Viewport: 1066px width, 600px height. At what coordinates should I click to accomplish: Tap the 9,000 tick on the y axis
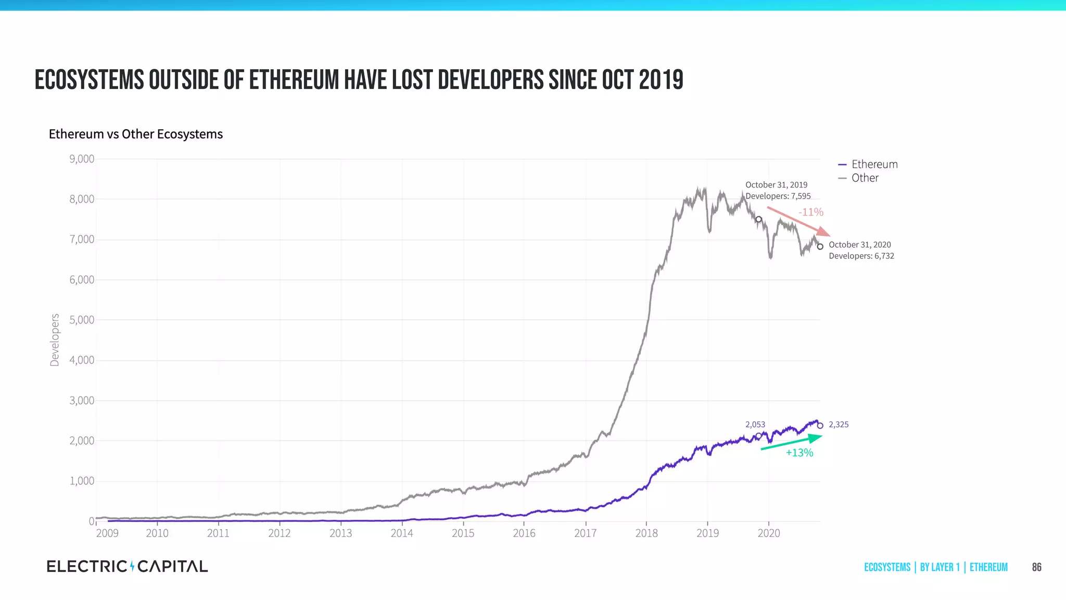(82, 159)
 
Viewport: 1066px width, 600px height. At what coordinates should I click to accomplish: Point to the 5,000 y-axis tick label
(82, 320)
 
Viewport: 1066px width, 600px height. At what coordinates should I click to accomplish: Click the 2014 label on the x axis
(402, 533)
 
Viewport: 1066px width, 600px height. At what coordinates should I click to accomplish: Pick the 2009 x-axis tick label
(107, 533)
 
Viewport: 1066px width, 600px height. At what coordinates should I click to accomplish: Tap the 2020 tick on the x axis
(769, 533)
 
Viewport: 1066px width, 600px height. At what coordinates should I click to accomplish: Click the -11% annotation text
(811, 213)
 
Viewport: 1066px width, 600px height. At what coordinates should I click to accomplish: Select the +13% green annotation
(799, 453)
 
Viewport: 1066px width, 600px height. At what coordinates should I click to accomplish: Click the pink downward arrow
(799, 222)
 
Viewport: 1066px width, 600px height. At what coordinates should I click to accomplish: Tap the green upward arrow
(791, 443)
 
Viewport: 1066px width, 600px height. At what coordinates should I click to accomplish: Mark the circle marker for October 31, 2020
(820, 247)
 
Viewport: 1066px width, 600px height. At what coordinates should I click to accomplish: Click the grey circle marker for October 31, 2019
(759, 220)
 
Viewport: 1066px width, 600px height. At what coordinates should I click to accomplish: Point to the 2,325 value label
(839, 425)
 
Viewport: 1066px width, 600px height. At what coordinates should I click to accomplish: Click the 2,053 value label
(755, 425)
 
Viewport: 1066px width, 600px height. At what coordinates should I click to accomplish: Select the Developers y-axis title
(55, 340)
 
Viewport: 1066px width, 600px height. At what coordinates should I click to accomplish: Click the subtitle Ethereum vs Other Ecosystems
(136, 134)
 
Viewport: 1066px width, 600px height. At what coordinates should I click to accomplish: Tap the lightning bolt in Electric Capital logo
(132, 566)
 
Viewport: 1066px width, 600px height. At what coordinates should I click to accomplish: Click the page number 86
(1036, 567)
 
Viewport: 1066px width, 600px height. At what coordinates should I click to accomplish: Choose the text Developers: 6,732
(861, 256)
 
